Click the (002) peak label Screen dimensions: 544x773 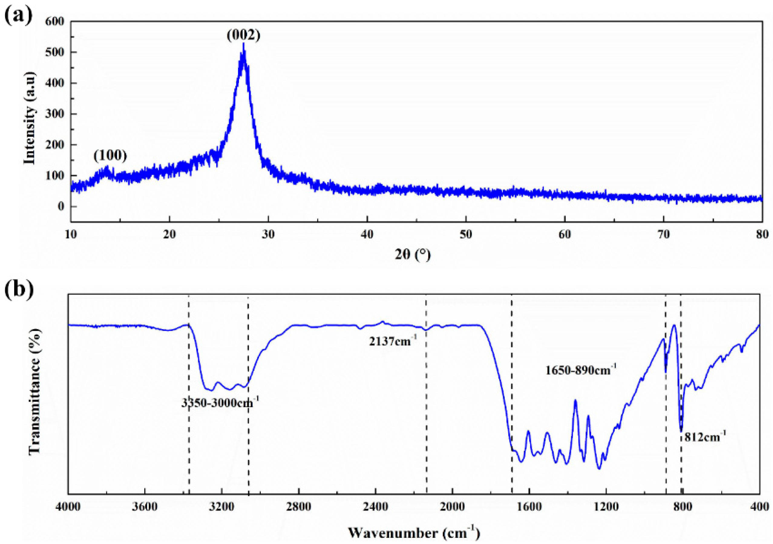point(244,35)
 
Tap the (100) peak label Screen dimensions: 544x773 point(110,155)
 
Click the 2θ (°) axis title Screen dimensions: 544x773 point(413,255)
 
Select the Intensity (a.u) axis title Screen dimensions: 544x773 point(30,118)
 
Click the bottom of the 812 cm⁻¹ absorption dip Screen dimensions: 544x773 point(681,431)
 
